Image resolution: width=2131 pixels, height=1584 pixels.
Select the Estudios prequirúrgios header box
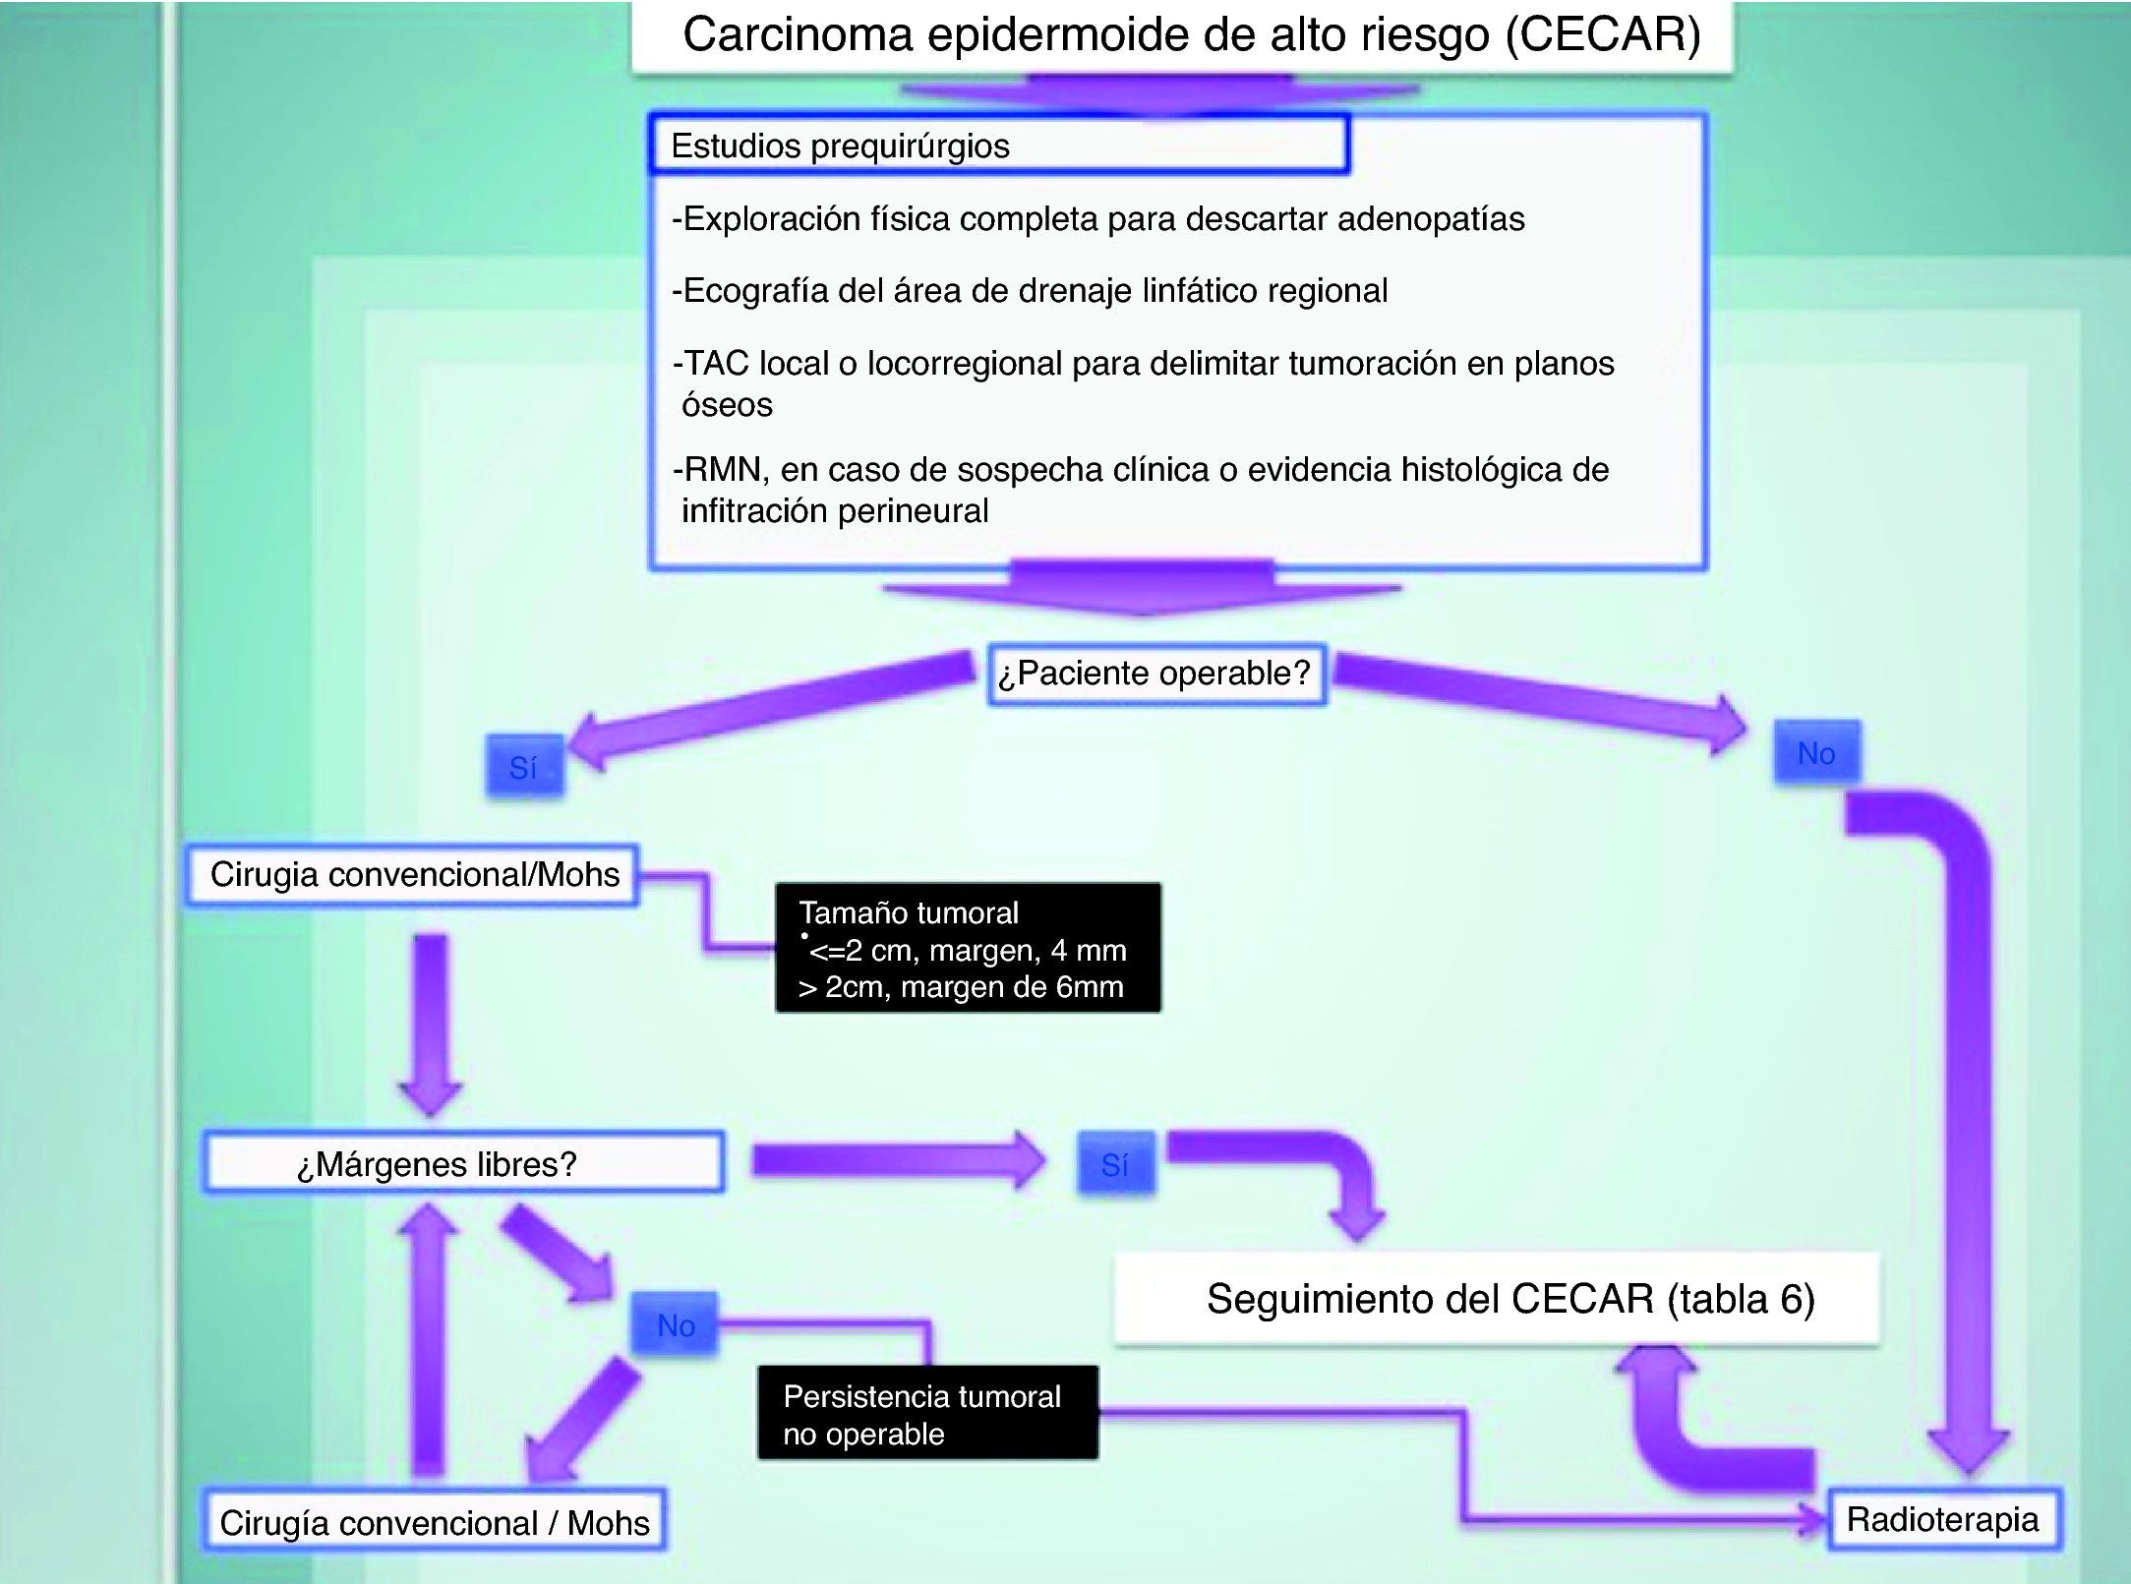997,146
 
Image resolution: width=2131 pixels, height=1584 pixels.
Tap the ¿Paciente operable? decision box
1155,674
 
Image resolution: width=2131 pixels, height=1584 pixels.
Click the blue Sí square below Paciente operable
524,767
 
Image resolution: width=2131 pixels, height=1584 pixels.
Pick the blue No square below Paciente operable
1815,753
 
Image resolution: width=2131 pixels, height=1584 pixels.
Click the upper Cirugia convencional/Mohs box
413,874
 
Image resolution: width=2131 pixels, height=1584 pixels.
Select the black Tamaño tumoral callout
967,949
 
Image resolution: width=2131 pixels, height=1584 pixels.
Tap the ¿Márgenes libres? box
462,1164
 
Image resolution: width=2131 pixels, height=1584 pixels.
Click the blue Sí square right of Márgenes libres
1114,1165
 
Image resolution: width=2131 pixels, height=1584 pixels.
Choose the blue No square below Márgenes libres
676,1325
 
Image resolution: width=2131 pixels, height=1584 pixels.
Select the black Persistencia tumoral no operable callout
926,1414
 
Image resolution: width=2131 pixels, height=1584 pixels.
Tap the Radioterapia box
1942,1520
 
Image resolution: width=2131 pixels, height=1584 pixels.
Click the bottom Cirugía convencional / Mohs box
434,1522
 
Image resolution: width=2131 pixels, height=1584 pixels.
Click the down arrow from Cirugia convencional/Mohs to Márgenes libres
431,1023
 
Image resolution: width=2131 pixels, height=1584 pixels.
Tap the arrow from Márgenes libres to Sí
895,1161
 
